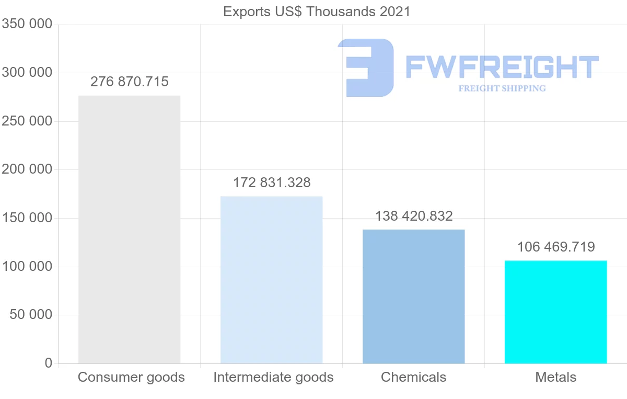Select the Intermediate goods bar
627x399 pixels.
(271, 279)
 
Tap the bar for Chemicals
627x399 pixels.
(413, 296)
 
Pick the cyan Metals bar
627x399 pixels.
(555, 312)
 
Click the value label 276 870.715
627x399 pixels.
(130, 82)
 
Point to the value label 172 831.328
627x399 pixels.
(272, 183)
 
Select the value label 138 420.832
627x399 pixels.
(414, 216)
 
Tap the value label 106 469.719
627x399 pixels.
(556, 247)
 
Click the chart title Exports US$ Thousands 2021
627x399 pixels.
(317, 12)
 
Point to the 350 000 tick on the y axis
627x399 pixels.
(27, 24)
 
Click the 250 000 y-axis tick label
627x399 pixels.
(27, 121)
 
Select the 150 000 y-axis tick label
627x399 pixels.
(27, 218)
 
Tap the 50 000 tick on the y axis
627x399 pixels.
(31, 314)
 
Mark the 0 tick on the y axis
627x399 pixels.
(49, 363)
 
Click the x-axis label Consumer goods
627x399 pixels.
(131, 377)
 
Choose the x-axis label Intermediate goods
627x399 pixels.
(273, 377)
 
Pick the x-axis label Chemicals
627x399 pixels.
(414, 377)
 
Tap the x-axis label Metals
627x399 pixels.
(556, 377)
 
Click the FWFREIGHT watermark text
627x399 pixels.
(502, 67)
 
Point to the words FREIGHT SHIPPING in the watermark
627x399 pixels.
(502, 88)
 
